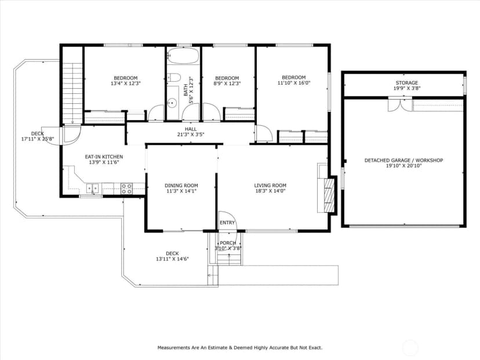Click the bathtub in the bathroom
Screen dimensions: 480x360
[183, 56]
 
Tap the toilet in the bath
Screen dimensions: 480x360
[174, 78]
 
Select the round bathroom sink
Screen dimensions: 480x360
[172, 102]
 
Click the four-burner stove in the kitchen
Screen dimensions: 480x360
[127, 188]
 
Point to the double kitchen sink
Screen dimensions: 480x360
[92, 188]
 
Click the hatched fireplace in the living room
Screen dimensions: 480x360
[329, 194]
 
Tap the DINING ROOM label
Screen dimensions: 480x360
[181, 186]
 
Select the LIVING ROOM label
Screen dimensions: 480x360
[270, 186]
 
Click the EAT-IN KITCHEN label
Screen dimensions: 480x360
[104, 157]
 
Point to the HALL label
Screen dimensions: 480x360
[191, 129]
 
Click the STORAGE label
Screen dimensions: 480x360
[406, 83]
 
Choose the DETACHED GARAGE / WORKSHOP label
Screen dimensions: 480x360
[403, 161]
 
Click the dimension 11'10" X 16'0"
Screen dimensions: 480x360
[294, 83]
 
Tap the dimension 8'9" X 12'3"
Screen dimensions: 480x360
[227, 83]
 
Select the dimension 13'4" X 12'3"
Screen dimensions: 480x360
[126, 83]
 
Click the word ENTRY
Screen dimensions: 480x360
[227, 223]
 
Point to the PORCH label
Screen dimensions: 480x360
[228, 243]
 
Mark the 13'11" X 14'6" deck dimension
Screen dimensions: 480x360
[172, 259]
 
